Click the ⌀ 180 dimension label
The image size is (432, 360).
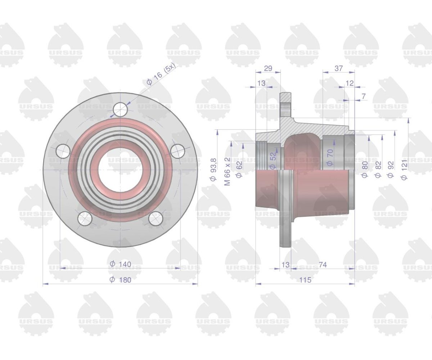[x=120, y=280]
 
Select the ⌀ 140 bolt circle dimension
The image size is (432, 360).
[x=120, y=264]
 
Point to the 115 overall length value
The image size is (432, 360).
[x=305, y=280]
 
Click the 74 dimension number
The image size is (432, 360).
[x=323, y=265]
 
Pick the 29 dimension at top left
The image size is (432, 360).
[x=268, y=68]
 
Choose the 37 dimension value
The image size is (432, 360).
[x=338, y=68]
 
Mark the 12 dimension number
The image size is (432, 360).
[x=350, y=83]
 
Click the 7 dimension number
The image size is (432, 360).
[x=364, y=96]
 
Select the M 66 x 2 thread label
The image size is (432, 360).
[x=228, y=171]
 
